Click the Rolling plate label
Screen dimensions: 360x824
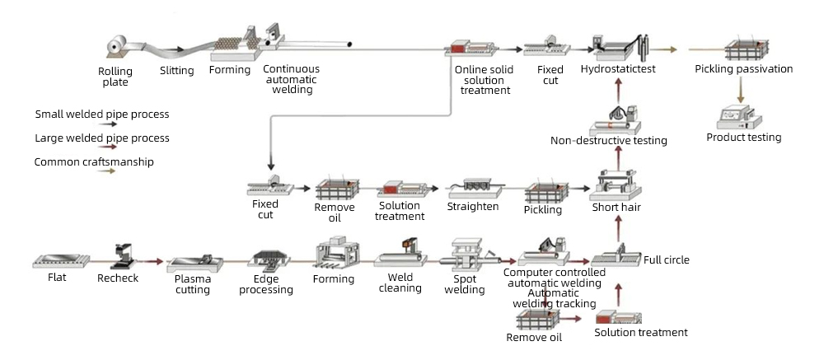coord(115,77)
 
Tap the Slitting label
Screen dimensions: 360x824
coord(177,71)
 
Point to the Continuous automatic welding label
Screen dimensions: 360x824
coord(292,79)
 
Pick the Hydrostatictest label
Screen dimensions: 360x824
coord(618,69)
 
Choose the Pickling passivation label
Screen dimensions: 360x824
coord(743,69)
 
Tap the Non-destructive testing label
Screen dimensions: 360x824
coord(609,141)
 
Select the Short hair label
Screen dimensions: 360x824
coord(616,208)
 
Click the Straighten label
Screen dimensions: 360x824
coord(473,206)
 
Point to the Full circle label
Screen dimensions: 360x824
coord(667,260)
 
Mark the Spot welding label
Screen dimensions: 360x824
coord(471,284)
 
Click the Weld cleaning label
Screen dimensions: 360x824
coord(400,283)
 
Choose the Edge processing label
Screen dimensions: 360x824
coord(266,284)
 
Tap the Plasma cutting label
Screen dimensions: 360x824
coord(192,284)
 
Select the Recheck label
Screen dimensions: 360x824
coord(119,278)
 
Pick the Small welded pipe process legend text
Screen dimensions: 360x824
coord(102,115)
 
